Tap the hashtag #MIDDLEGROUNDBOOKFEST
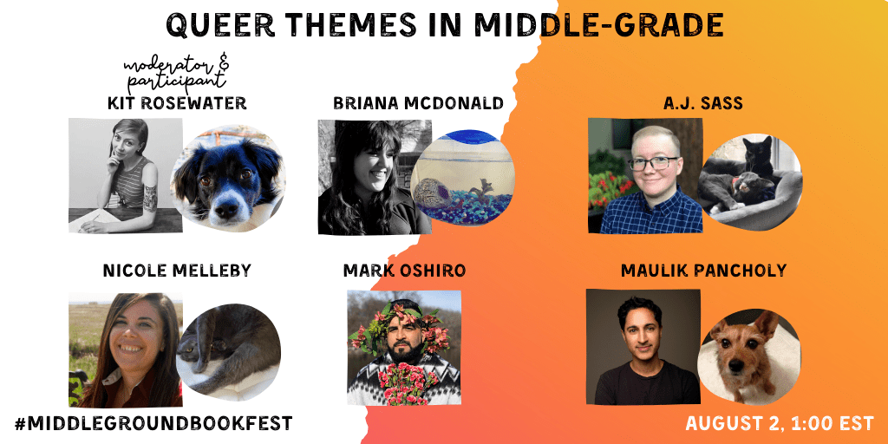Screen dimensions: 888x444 [153, 423]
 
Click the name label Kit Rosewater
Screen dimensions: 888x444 [177, 103]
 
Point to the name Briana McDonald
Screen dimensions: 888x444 [418, 103]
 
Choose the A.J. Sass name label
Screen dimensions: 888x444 [702, 103]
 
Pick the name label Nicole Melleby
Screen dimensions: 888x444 [177, 271]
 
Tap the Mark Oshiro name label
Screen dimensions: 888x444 [404, 271]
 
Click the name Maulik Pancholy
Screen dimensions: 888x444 [703, 271]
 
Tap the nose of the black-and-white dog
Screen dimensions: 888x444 [225, 208]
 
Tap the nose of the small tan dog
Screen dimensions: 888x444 [736, 367]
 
